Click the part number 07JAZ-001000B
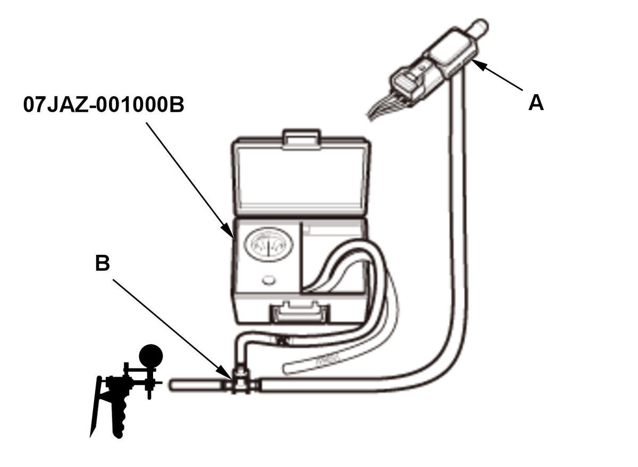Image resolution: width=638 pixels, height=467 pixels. [104, 105]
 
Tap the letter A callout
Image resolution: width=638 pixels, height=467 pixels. [536, 102]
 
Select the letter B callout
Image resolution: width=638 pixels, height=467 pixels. [102, 263]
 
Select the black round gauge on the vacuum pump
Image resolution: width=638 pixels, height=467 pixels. [151, 354]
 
